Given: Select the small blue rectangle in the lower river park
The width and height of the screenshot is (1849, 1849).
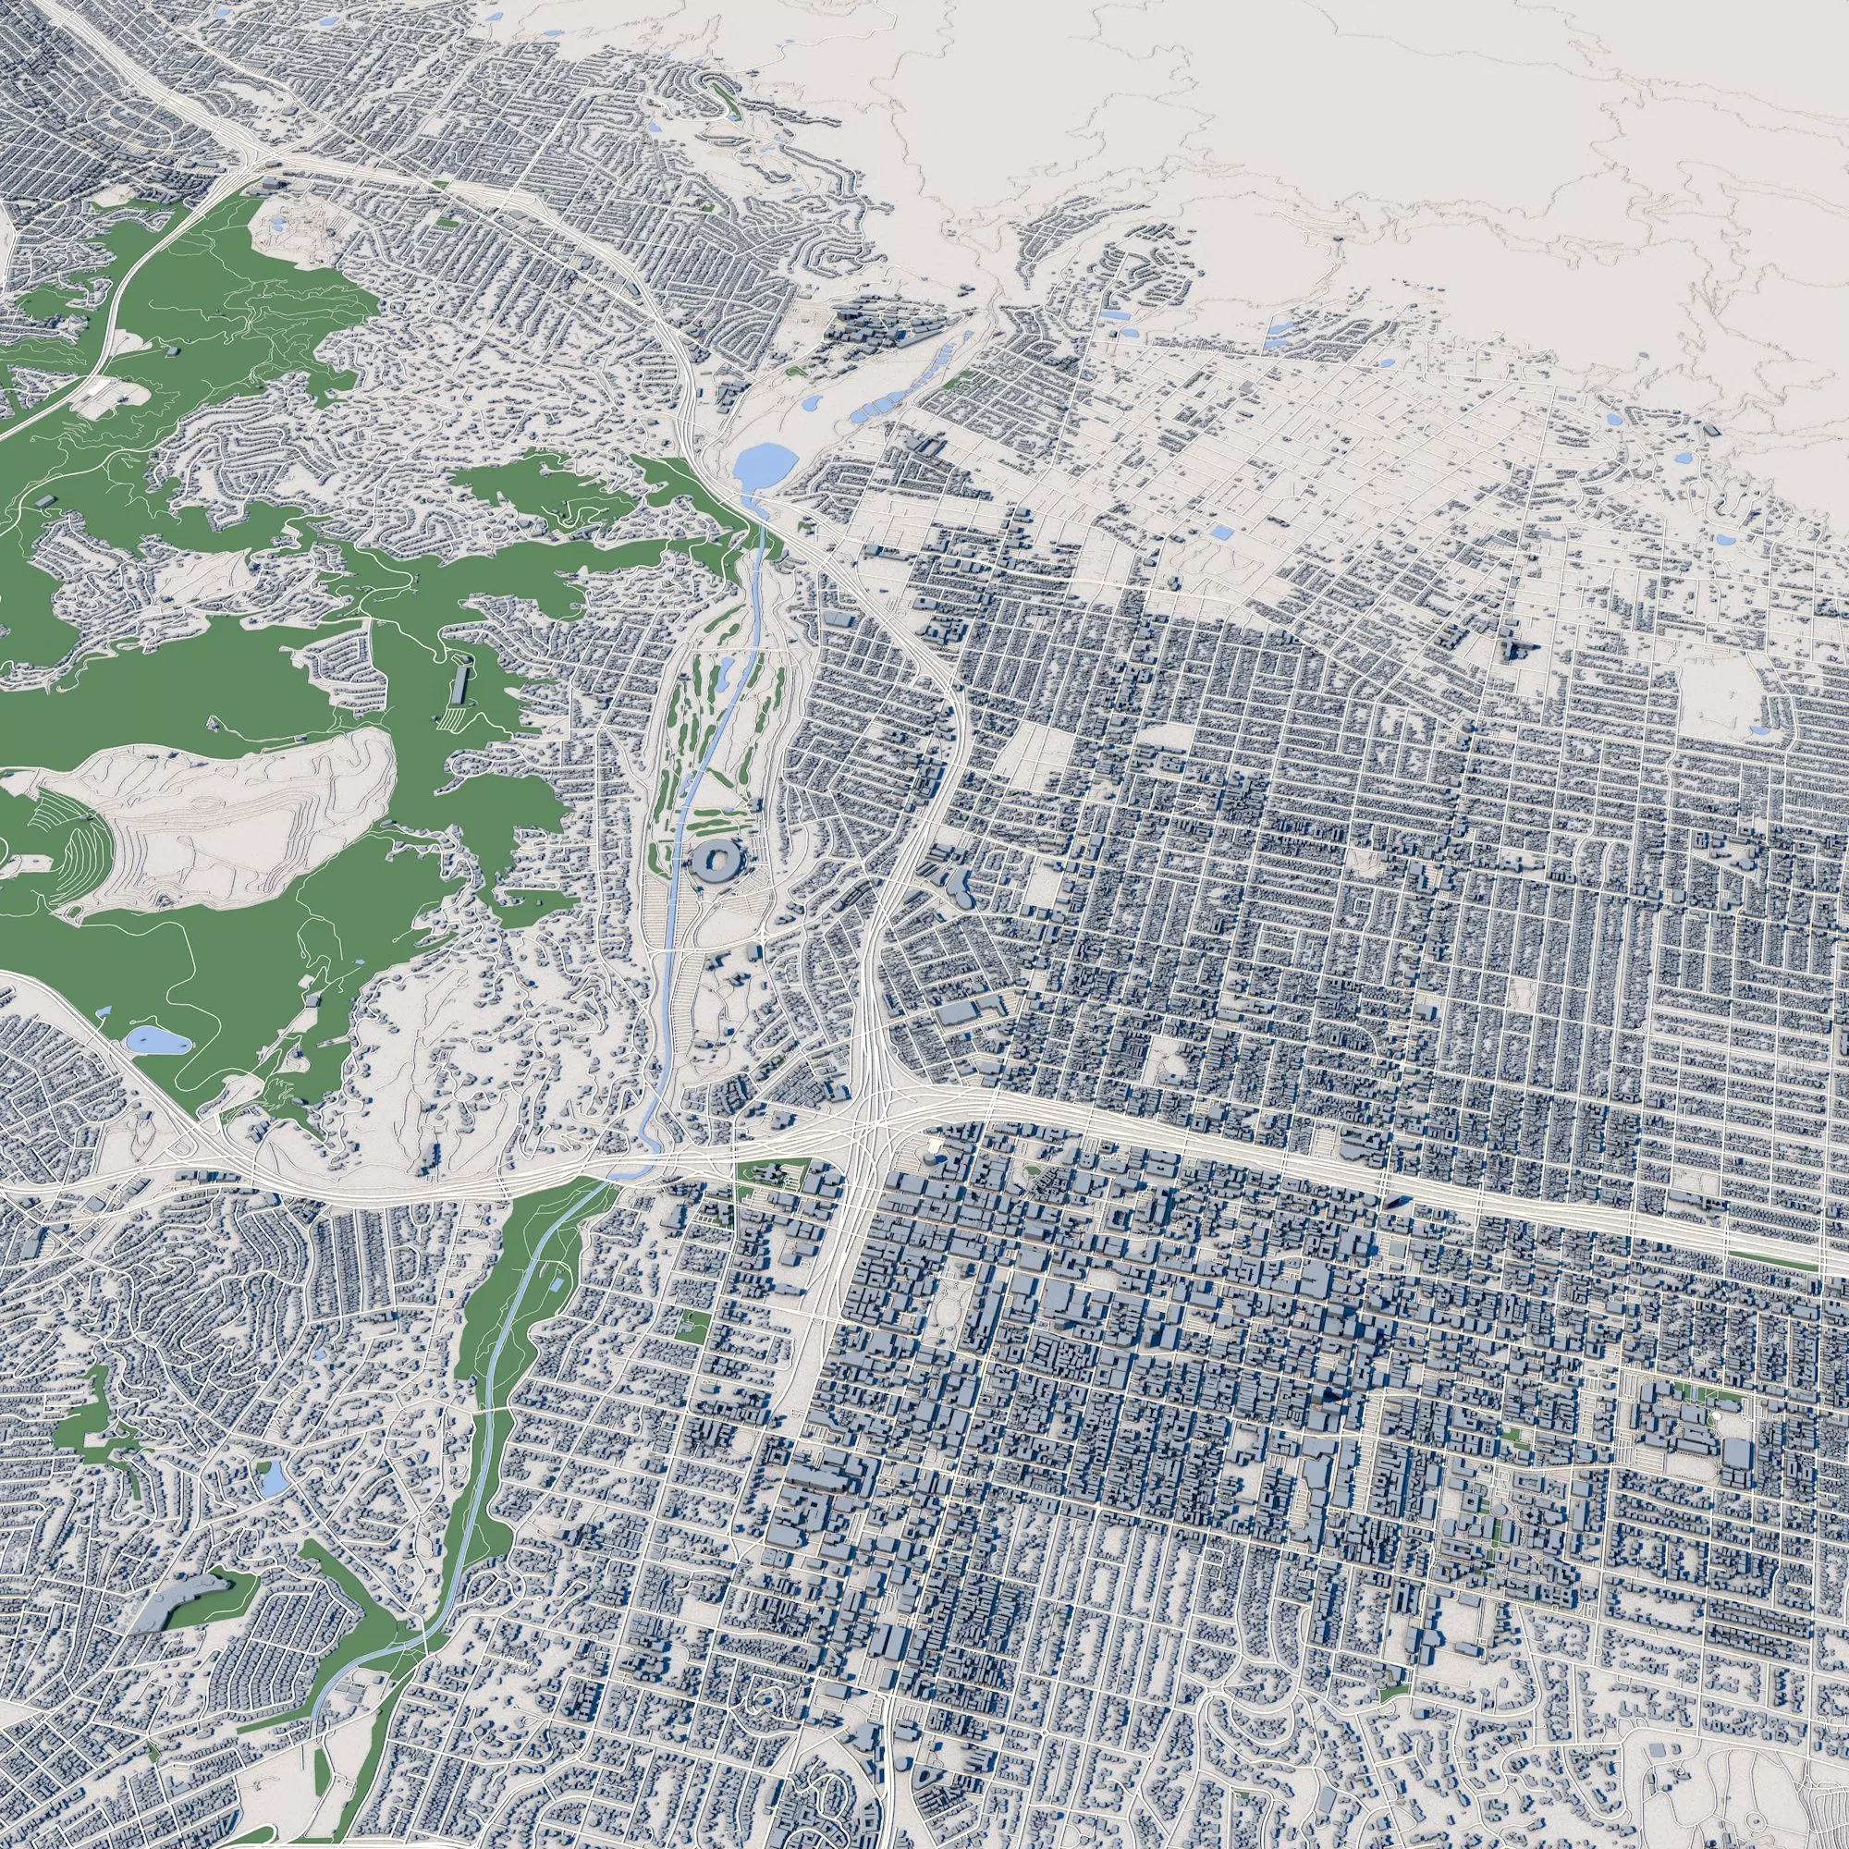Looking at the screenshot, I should tap(557, 1281).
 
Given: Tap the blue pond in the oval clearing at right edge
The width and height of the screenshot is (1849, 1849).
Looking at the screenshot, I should tap(1759, 729).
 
